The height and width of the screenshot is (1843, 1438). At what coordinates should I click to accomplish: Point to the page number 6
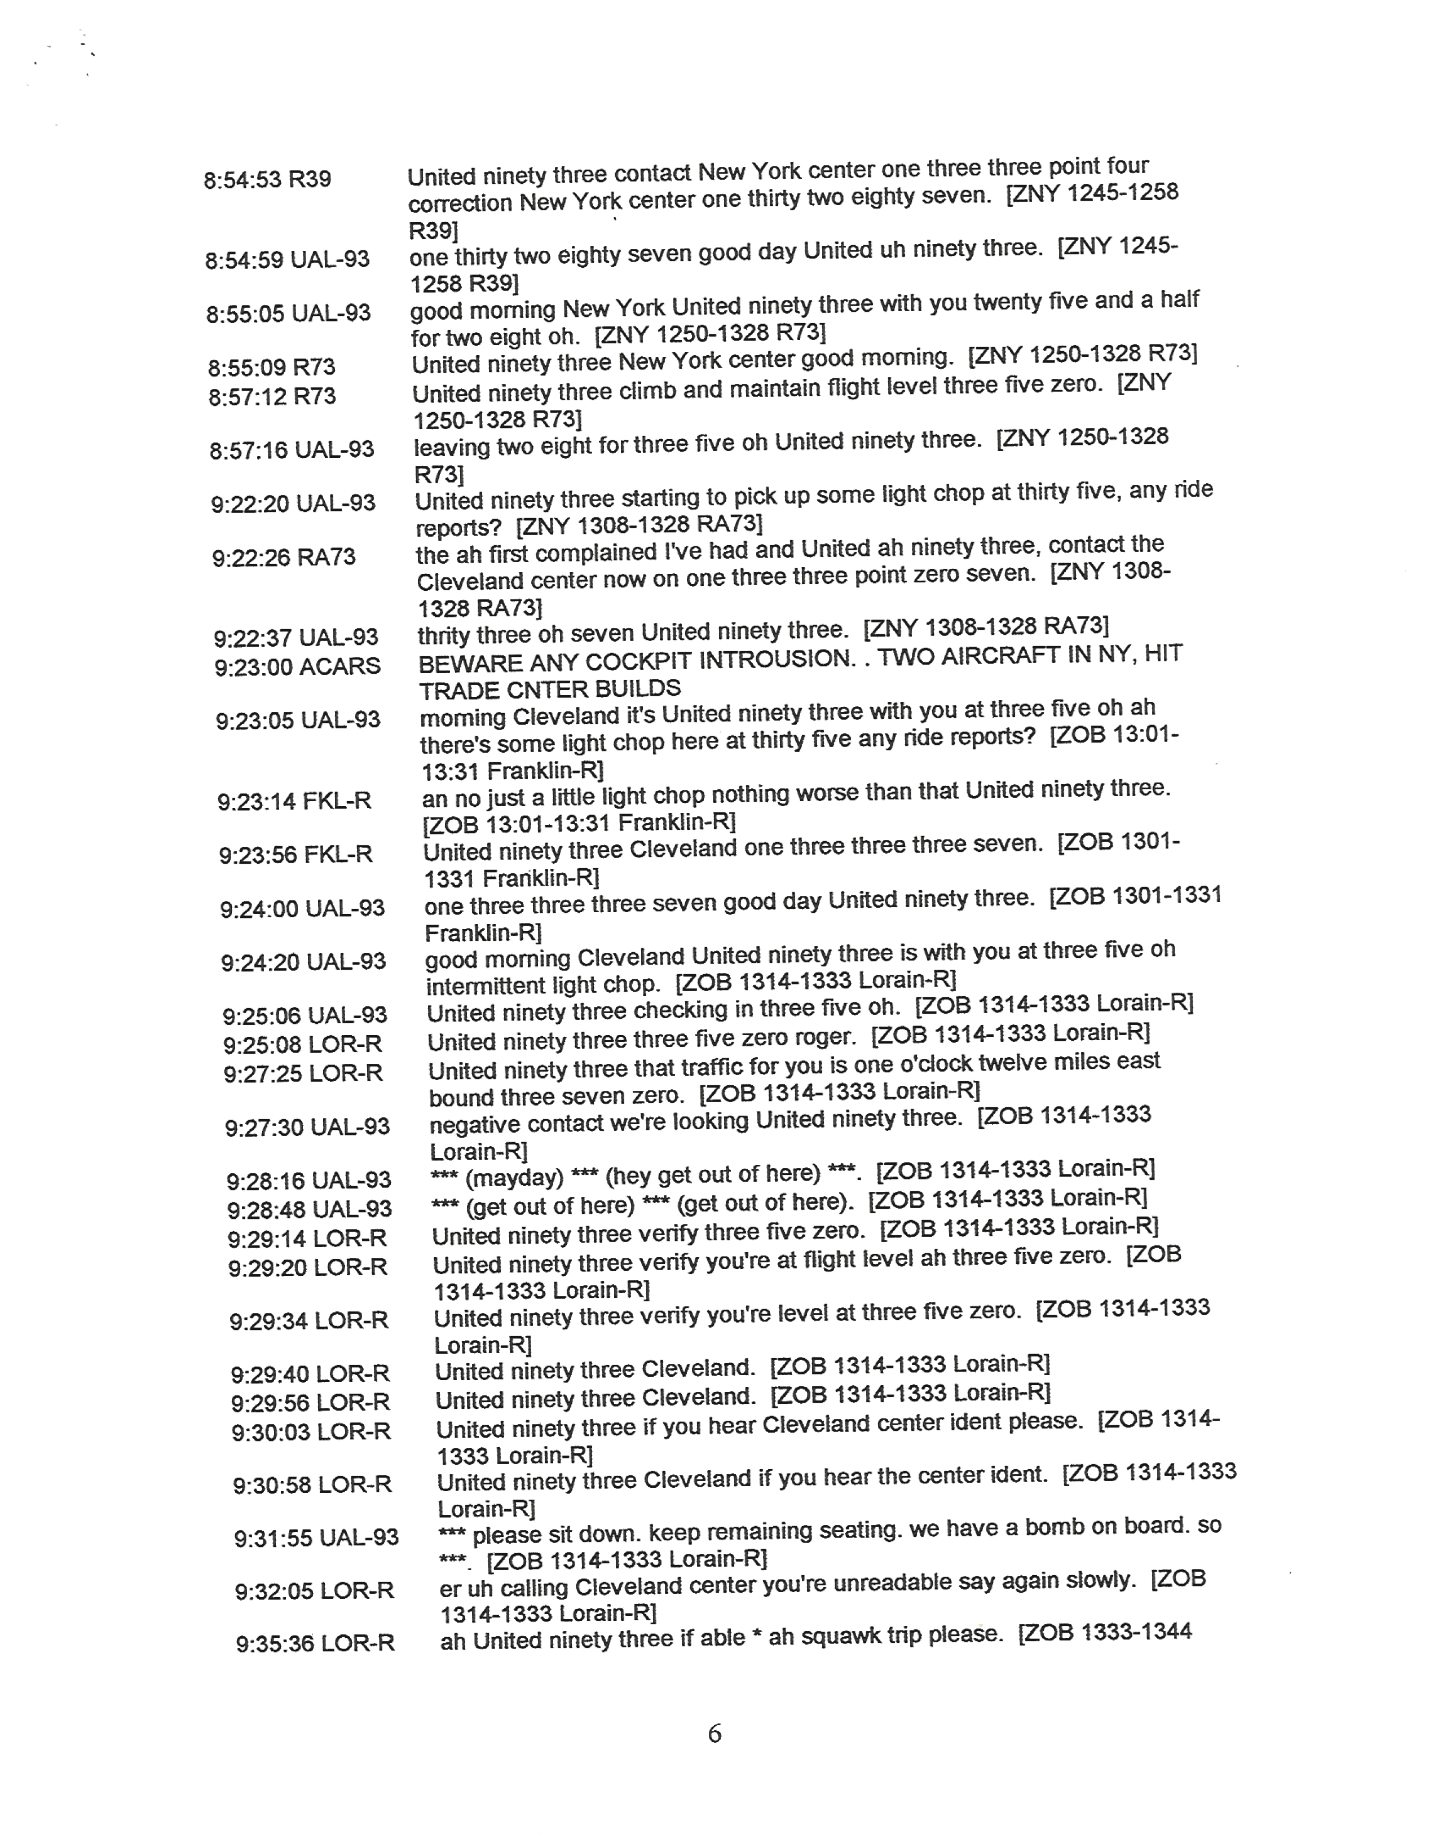tap(714, 1734)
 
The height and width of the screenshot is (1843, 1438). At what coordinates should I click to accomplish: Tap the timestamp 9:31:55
tap(272, 1539)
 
